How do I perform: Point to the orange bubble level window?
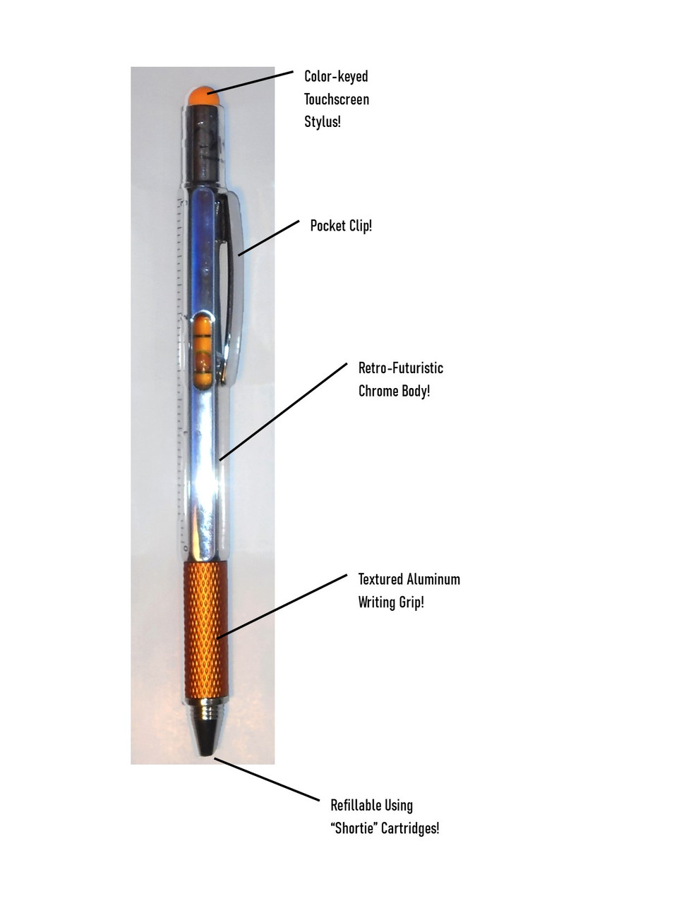coord(203,350)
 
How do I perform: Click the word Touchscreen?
coord(337,99)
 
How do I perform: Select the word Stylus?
coord(323,122)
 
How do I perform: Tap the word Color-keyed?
coord(336,76)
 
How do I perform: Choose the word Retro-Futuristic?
coord(401,368)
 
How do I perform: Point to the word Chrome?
coord(378,391)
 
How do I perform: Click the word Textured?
coord(381,579)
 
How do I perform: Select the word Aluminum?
coord(433,579)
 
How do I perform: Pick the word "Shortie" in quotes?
coord(354,828)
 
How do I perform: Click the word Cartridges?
coord(410,828)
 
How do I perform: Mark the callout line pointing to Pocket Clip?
coord(269,238)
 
